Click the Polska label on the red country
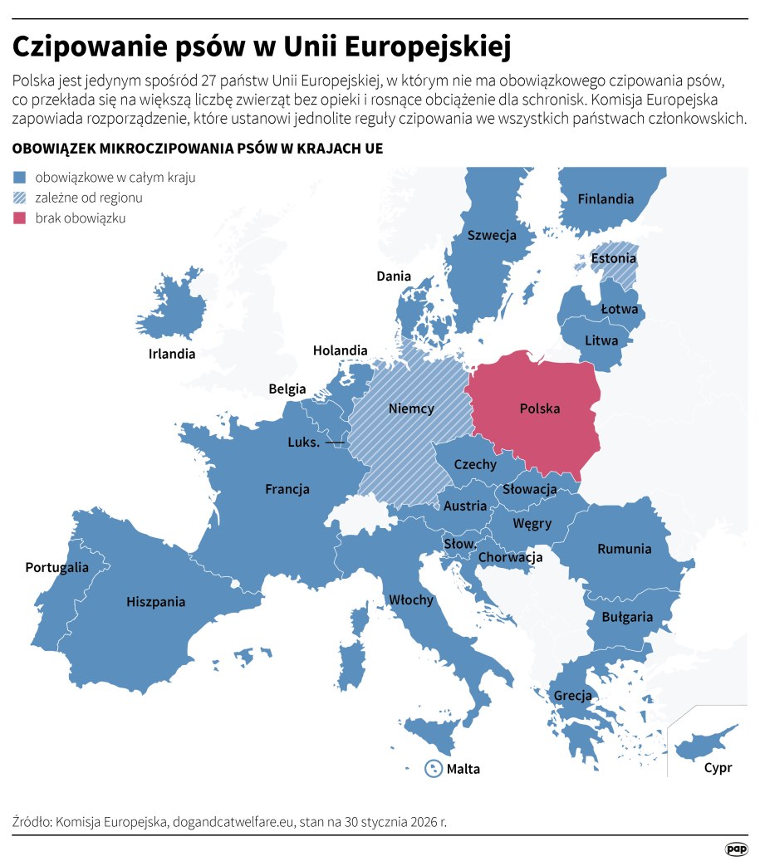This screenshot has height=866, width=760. [x=539, y=409]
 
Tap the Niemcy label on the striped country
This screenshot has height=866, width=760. [x=411, y=409]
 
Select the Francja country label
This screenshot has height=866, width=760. [x=287, y=489]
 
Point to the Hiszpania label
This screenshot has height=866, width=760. [x=155, y=602]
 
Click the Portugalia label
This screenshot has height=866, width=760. [x=56, y=568]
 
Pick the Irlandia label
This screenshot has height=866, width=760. [x=172, y=354]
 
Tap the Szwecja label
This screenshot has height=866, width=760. [x=491, y=235]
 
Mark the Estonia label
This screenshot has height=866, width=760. [x=614, y=258]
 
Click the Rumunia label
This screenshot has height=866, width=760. [x=625, y=549]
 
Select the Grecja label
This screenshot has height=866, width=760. [x=573, y=695]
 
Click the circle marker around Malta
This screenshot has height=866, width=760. [x=433, y=768]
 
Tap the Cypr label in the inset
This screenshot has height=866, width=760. [x=718, y=767]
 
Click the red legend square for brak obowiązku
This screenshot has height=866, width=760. [x=20, y=218]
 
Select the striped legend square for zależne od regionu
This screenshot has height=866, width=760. [x=20, y=198]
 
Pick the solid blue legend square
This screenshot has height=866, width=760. [x=20, y=177]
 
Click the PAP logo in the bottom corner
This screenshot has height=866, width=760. [x=736, y=849]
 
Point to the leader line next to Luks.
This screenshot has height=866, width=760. [x=336, y=443]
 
